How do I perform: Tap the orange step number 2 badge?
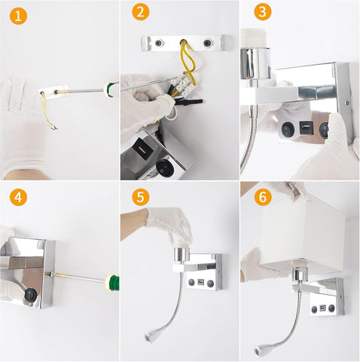[139, 12]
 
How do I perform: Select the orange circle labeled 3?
[262, 12]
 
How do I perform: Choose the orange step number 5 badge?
[139, 197]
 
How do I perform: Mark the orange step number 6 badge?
[262, 197]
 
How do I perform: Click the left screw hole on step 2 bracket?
[158, 44]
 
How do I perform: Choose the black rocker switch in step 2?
[165, 168]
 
